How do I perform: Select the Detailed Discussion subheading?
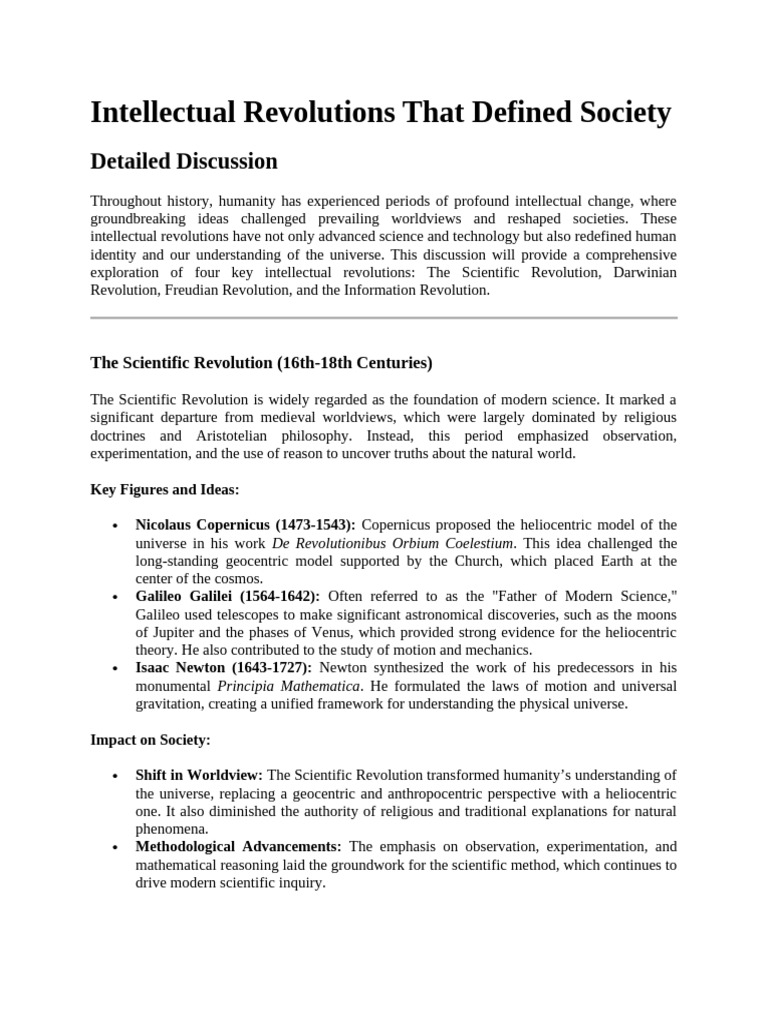coord(184,161)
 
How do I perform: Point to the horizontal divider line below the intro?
coord(384,318)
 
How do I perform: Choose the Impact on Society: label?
coord(150,740)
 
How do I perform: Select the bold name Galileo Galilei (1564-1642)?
coord(228,597)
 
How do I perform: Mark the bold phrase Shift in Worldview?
coord(199,776)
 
